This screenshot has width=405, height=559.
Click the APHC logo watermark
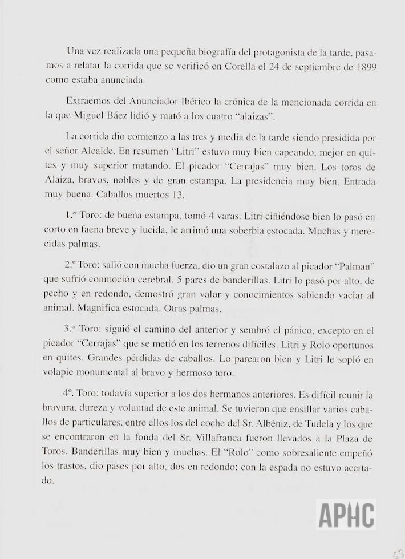point(346,515)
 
